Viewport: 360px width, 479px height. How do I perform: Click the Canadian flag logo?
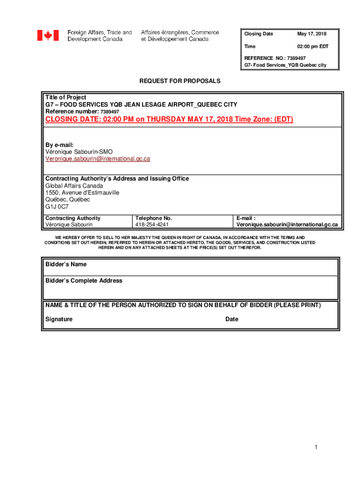(48, 36)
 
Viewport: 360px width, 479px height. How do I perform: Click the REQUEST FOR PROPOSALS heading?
(180, 81)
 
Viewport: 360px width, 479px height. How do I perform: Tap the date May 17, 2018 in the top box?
(312, 34)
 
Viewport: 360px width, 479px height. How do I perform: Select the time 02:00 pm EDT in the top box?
(313, 47)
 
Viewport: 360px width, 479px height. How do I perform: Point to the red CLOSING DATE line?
(169, 119)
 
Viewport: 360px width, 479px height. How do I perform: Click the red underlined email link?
(98, 159)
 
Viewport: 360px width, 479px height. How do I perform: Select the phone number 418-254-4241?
(152, 225)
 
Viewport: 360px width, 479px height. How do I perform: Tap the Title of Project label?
(66, 98)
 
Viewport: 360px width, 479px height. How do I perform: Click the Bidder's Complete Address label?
(84, 281)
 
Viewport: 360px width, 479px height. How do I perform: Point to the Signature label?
(59, 319)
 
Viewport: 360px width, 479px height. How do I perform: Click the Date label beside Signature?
(232, 319)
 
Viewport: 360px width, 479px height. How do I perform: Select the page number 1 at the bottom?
(316, 448)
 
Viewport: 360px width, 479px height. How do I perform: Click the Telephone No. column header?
(154, 218)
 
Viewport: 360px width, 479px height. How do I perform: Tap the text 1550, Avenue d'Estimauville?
(82, 193)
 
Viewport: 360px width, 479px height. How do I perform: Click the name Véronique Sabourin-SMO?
(79, 152)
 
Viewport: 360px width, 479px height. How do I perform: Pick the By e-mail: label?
(59, 145)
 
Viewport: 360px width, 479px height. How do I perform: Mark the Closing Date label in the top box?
(259, 34)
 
